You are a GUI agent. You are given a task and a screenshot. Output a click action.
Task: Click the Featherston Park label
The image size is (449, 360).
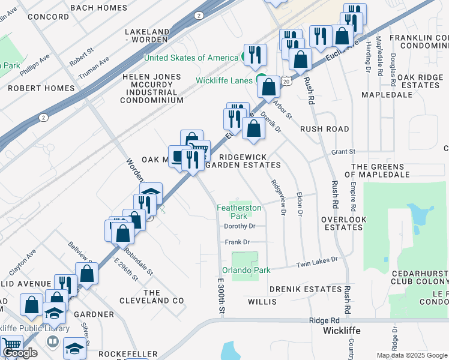[x=239, y=212]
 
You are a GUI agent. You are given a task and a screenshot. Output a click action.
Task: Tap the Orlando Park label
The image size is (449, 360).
[x=246, y=270]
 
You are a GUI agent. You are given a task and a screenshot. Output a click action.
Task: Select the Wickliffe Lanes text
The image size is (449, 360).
[x=224, y=80]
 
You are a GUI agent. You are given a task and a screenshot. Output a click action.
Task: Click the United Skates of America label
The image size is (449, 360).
[x=191, y=58]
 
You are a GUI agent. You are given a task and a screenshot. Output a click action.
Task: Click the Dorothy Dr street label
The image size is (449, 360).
[x=240, y=226]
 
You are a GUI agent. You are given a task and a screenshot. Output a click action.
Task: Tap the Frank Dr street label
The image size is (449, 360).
[x=237, y=242]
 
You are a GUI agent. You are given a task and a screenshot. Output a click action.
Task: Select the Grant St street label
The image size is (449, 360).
[x=343, y=152]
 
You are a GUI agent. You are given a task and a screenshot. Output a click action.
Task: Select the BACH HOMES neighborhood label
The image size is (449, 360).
[x=98, y=8]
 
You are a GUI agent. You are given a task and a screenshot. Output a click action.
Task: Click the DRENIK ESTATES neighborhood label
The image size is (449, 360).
[x=305, y=289]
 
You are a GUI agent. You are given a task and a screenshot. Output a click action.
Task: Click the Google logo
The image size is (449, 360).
[x=20, y=353]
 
